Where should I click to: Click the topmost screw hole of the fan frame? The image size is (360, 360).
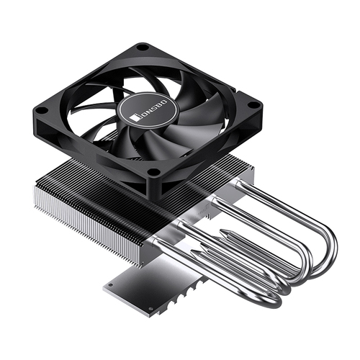143,48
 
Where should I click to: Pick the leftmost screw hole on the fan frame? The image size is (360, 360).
42,110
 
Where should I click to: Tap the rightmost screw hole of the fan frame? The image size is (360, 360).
251,104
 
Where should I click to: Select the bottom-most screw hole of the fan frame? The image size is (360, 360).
153,171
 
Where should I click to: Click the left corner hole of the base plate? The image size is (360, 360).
110,285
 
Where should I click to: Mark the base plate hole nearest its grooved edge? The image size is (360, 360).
150,309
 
